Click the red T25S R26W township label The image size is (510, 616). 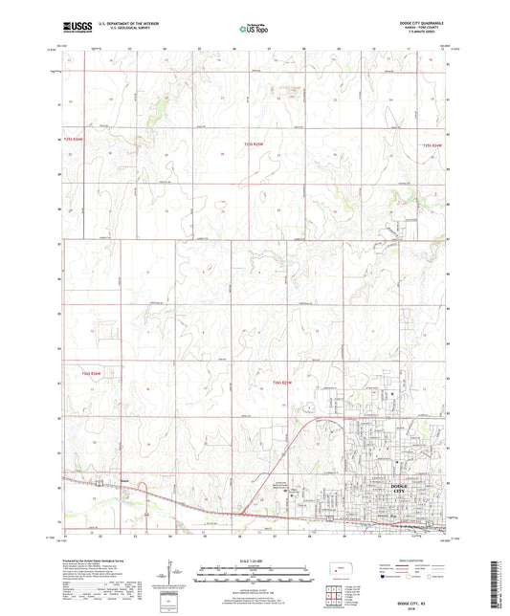pos(76,141)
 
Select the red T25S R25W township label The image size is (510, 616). pos(254,143)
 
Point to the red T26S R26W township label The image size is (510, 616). pos(76,373)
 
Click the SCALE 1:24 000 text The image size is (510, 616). pos(255,561)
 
